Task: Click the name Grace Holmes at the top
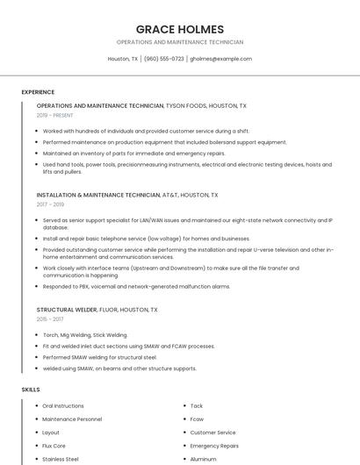tap(179, 29)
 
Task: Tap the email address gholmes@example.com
tap(220, 59)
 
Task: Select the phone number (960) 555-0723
tap(164, 59)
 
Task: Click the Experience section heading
tap(38, 92)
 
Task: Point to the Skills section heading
tap(31, 389)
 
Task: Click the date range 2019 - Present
tap(54, 115)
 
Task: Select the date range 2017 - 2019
tap(51, 204)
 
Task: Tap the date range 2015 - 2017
tap(50, 319)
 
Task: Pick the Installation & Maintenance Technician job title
tap(98, 195)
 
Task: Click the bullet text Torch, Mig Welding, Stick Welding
tap(85, 335)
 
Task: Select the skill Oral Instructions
tap(63, 406)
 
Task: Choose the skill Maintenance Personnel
tap(72, 419)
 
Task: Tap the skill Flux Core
tap(54, 446)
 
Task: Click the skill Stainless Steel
tap(61, 459)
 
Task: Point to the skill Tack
tap(197, 406)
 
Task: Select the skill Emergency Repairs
tap(214, 446)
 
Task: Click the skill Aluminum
tap(204, 459)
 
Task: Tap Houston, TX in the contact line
tap(123, 59)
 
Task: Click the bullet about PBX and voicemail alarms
tap(136, 286)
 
